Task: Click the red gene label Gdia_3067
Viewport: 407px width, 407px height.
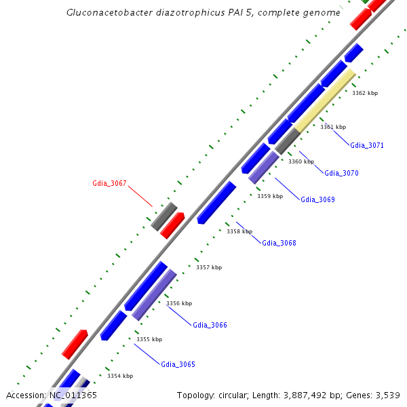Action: tap(109, 183)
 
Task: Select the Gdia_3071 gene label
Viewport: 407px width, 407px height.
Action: tap(367, 145)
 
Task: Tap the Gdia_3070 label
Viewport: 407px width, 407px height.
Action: tap(341, 173)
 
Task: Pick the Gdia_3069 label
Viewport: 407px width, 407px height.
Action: tap(317, 199)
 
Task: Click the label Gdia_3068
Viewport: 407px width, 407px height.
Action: tap(279, 243)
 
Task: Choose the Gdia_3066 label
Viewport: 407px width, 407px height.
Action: tap(210, 325)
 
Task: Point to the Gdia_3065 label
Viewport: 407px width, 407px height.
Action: tap(178, 364)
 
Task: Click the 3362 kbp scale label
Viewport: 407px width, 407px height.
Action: tap(365, 93)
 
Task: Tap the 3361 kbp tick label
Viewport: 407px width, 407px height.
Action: tap(333, 127)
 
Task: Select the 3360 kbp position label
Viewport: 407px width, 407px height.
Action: tap(301, 161)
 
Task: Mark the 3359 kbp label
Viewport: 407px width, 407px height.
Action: tap(269, 196)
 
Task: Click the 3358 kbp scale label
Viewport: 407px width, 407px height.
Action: tap(239, 231)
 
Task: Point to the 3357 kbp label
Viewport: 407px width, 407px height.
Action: tap(209, 267)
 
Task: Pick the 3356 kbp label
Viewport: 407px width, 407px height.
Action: tap(179, 303)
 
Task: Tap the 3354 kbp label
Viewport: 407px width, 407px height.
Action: tap(120, 376)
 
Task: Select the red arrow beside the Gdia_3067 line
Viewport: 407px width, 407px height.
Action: tap(172, 225)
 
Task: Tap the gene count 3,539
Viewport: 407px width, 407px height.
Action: tap(387, 395)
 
